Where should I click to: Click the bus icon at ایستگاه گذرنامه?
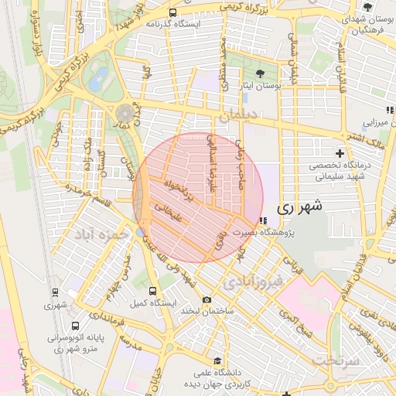[x=172, y=12]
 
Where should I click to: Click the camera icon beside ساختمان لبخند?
[x=206, y=300]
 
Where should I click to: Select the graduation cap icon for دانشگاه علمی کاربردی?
[x=219, y=362]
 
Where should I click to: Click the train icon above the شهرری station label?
[x=55, y=292]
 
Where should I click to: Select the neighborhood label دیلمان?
[x=237, y=116]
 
